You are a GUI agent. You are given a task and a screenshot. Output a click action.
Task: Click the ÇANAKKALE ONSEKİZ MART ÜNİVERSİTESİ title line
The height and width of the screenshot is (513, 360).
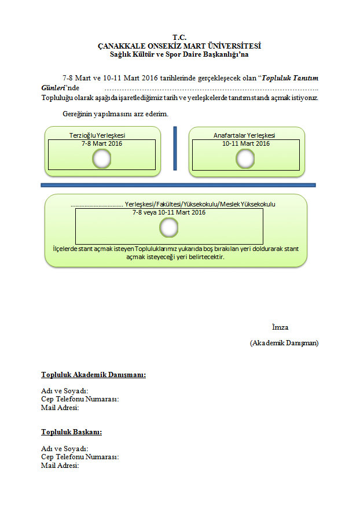tap(179, 46)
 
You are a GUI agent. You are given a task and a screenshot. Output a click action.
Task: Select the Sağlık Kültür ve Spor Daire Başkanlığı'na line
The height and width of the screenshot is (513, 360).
tap(179, 55)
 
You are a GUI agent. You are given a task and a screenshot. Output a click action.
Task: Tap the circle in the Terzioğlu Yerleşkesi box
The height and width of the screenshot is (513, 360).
tap(102, 158)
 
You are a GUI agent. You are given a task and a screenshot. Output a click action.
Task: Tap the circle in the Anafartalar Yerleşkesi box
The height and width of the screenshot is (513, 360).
tap(245, 158)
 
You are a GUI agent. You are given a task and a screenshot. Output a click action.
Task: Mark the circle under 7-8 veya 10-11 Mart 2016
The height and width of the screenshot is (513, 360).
tap(169, 229)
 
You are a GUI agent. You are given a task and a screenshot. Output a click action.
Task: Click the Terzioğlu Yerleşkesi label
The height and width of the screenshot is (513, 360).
tap(97, 135)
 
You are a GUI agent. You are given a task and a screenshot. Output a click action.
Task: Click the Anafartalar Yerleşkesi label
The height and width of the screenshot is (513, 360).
tap(244, 135)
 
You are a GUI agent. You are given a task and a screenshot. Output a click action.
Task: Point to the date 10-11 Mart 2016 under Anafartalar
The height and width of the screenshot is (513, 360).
tap(246, 143)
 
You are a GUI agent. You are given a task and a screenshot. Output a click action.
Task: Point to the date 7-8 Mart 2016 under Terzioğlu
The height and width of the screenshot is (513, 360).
tap(102, 143)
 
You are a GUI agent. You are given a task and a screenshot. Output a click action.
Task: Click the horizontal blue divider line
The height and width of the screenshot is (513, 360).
tap(178, 185)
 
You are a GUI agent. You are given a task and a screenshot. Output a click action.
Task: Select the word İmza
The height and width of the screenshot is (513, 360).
tap(280, 327)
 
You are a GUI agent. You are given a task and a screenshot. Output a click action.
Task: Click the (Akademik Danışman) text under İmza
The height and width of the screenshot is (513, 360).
tap(284, 343)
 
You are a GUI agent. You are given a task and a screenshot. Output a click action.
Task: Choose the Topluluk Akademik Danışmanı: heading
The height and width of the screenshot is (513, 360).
tap(93, 375)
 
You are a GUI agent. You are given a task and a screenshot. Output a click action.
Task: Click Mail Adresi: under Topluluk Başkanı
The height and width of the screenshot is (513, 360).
tap(60, 465)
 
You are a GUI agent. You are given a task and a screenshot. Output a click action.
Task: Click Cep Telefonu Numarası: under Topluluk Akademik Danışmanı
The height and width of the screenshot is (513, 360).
tap(80, 399)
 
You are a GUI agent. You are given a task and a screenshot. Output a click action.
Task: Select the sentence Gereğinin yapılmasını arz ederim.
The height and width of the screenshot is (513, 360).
tap(116, 113)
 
